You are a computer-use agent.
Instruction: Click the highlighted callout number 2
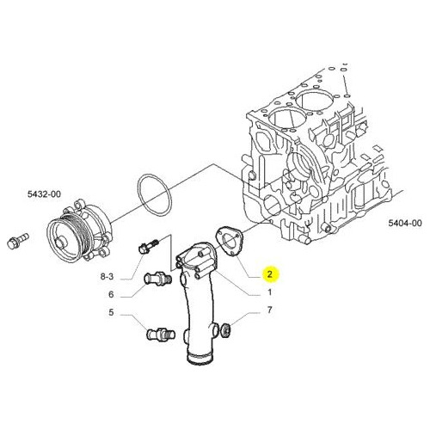click(x=269, y=274)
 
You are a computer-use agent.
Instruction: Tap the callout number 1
click(x=269, y=292)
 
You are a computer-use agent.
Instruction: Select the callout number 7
click(x=269, y=310)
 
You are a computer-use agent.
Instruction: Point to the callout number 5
click(x=111, y=312)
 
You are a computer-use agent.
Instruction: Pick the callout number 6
click(x=111, y=294)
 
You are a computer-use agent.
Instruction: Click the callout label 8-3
click(x=107, y=277)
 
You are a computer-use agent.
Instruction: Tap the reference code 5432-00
click(x=44, y=194)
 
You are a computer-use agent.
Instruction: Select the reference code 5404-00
click(x=405, y=223)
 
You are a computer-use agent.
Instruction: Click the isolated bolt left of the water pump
click(x=18, y=242)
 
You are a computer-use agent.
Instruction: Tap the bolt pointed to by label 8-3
click(x=148, y=246)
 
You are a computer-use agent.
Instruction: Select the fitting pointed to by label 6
click(x=157, y=279)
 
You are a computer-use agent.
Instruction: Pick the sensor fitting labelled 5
click(x=161, y=335)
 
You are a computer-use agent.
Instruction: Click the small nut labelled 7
click(x=227, y=329)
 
